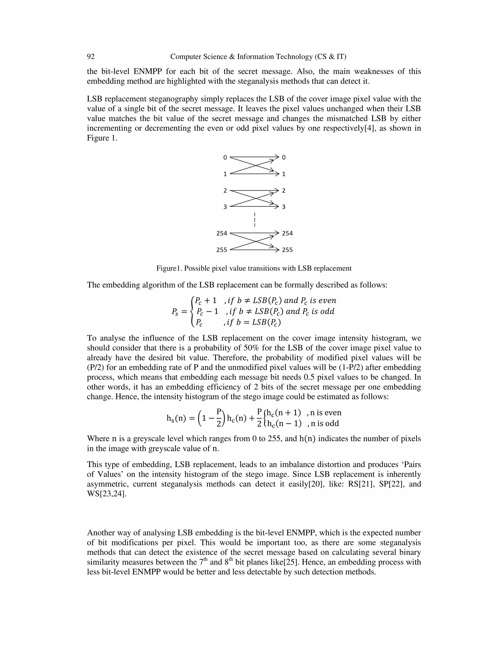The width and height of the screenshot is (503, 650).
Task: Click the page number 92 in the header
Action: point(91,57)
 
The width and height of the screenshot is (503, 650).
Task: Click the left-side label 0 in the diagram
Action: point(225,157)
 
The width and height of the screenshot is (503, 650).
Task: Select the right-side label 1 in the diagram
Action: point(284,174)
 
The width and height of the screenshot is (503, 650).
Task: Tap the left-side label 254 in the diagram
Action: point(222,233)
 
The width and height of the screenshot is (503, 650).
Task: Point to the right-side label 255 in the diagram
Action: point(287,250)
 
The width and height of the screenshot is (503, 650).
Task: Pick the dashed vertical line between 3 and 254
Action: point(254,220)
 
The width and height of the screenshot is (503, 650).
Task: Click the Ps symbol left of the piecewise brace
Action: point(175,312)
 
